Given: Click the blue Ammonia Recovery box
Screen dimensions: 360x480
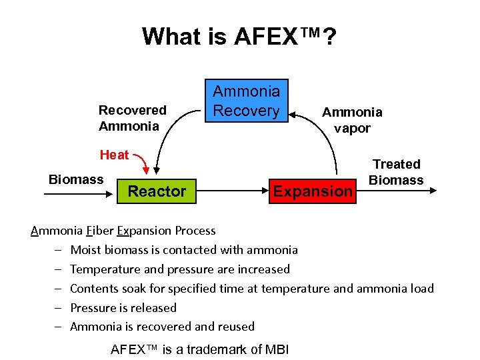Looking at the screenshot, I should pyautogui.click(x=246, y=100).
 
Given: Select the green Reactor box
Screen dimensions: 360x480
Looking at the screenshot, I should pyautogui.click(x=157, y=191).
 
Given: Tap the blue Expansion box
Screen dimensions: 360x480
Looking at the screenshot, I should pyautogui.click(x=313, y=191).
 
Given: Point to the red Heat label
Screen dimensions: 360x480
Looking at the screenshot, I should pyautogui.click(x=114, y=155).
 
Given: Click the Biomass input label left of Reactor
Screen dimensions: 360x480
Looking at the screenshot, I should pyautogui.click(x=76, y=179).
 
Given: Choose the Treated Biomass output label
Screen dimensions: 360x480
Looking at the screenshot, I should pyautogui.click(x=396, y=172).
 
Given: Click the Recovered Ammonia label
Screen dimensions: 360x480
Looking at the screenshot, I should pyautogui.click(x=132, y=118).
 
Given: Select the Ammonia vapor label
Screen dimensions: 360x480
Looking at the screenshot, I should pyautogui.click(x=352, y=120).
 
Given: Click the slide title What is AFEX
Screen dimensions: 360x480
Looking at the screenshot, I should pyautogui.click(x=239, y=37).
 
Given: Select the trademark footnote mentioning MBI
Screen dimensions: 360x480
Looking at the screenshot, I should pyautogui.click(x=199, y=349).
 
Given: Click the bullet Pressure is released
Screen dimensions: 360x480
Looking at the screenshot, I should pyautogui.click(x=123, y=308).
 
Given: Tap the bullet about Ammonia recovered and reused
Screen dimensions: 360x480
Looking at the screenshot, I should pyautogui.click(x=162, y=327).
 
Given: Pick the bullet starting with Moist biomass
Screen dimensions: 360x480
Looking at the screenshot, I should pyautogui.click(x=184, y=250).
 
